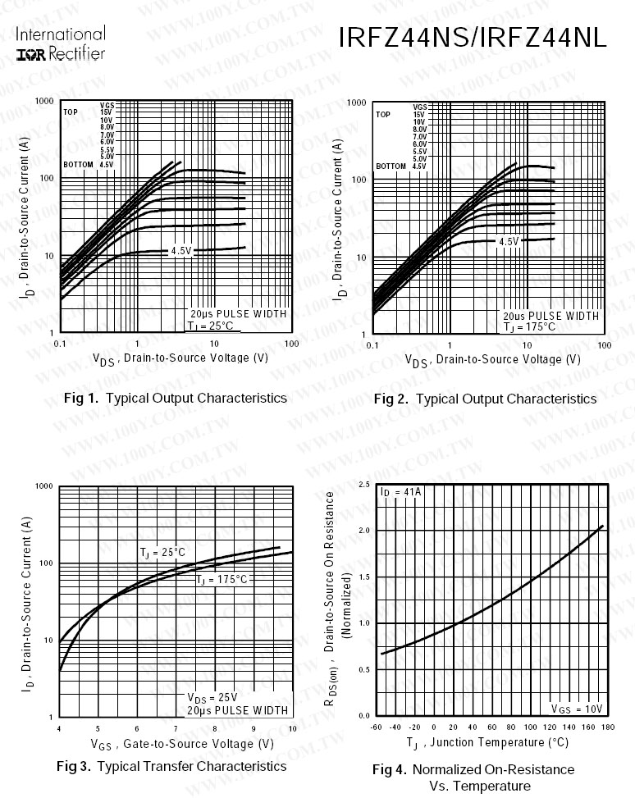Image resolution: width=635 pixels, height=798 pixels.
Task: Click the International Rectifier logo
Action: [61, 44]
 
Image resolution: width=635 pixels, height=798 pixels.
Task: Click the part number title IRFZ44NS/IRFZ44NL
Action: [472, 39]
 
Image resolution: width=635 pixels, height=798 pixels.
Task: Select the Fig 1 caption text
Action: [175, 399]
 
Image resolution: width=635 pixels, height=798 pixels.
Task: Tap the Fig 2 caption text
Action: [485, 399]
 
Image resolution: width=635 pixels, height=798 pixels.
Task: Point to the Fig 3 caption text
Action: [171, 766]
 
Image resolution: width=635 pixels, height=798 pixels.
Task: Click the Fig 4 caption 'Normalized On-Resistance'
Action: [473, 769]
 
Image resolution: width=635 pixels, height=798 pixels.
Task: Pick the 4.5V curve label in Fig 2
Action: [509, 241]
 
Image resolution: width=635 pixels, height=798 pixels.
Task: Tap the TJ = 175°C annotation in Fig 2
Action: [530, 326]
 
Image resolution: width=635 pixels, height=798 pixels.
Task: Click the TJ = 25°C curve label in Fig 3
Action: [163, 553]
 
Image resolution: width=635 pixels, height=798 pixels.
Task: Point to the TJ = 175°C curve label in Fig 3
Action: [222, 580]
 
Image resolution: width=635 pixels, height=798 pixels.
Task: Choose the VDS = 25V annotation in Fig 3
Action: [212, 698]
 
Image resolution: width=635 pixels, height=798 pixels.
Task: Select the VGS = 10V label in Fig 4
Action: [577, 709]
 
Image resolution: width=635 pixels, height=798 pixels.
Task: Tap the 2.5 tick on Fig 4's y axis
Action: [364, 485]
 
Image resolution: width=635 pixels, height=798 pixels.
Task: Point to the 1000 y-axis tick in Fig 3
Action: [44, 486]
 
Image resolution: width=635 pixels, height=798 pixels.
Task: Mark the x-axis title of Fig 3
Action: [183, 744]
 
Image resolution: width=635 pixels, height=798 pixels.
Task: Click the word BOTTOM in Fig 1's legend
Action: [78, 165]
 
